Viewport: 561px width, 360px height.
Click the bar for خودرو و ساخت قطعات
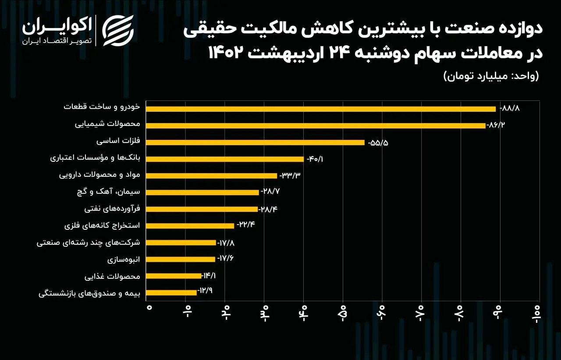click(x=320, y=109)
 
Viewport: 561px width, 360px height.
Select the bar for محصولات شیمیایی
click(x=316, y=125)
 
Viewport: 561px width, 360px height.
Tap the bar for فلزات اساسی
click(x=255, y=142)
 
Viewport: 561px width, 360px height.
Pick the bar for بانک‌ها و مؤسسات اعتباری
click(x=224, y=159)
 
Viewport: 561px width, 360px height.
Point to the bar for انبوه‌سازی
click(x=180, y=259)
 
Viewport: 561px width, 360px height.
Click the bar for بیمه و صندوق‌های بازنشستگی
click(x=171, y=292)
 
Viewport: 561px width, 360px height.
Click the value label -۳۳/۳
click(x=290, y=176)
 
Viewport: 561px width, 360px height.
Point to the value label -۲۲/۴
click(x=245, y=225)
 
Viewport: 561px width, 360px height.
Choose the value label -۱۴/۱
click(x=209, y=276)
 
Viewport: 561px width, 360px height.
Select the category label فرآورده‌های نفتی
click(x=112, y=209)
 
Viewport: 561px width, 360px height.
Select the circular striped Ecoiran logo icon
click(x=118, y=30)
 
